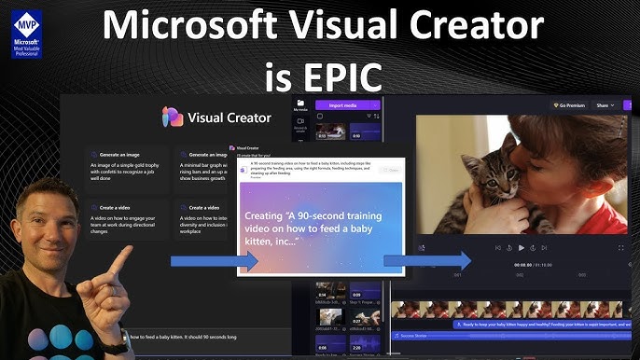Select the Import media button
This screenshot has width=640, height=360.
[x=349, y=105]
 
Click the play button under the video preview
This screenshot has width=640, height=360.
[x=521, y=247]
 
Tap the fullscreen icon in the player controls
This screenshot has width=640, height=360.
[x=620, y=247]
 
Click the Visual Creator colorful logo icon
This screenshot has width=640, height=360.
[x=173, y=118]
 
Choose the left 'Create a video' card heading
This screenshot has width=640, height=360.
[x=112, y=208]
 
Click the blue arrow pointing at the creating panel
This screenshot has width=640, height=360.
[x=214, y=261]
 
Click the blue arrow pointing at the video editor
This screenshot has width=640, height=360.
[x=427, y=260]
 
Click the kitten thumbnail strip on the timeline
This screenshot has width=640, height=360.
[x=513, y=309]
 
